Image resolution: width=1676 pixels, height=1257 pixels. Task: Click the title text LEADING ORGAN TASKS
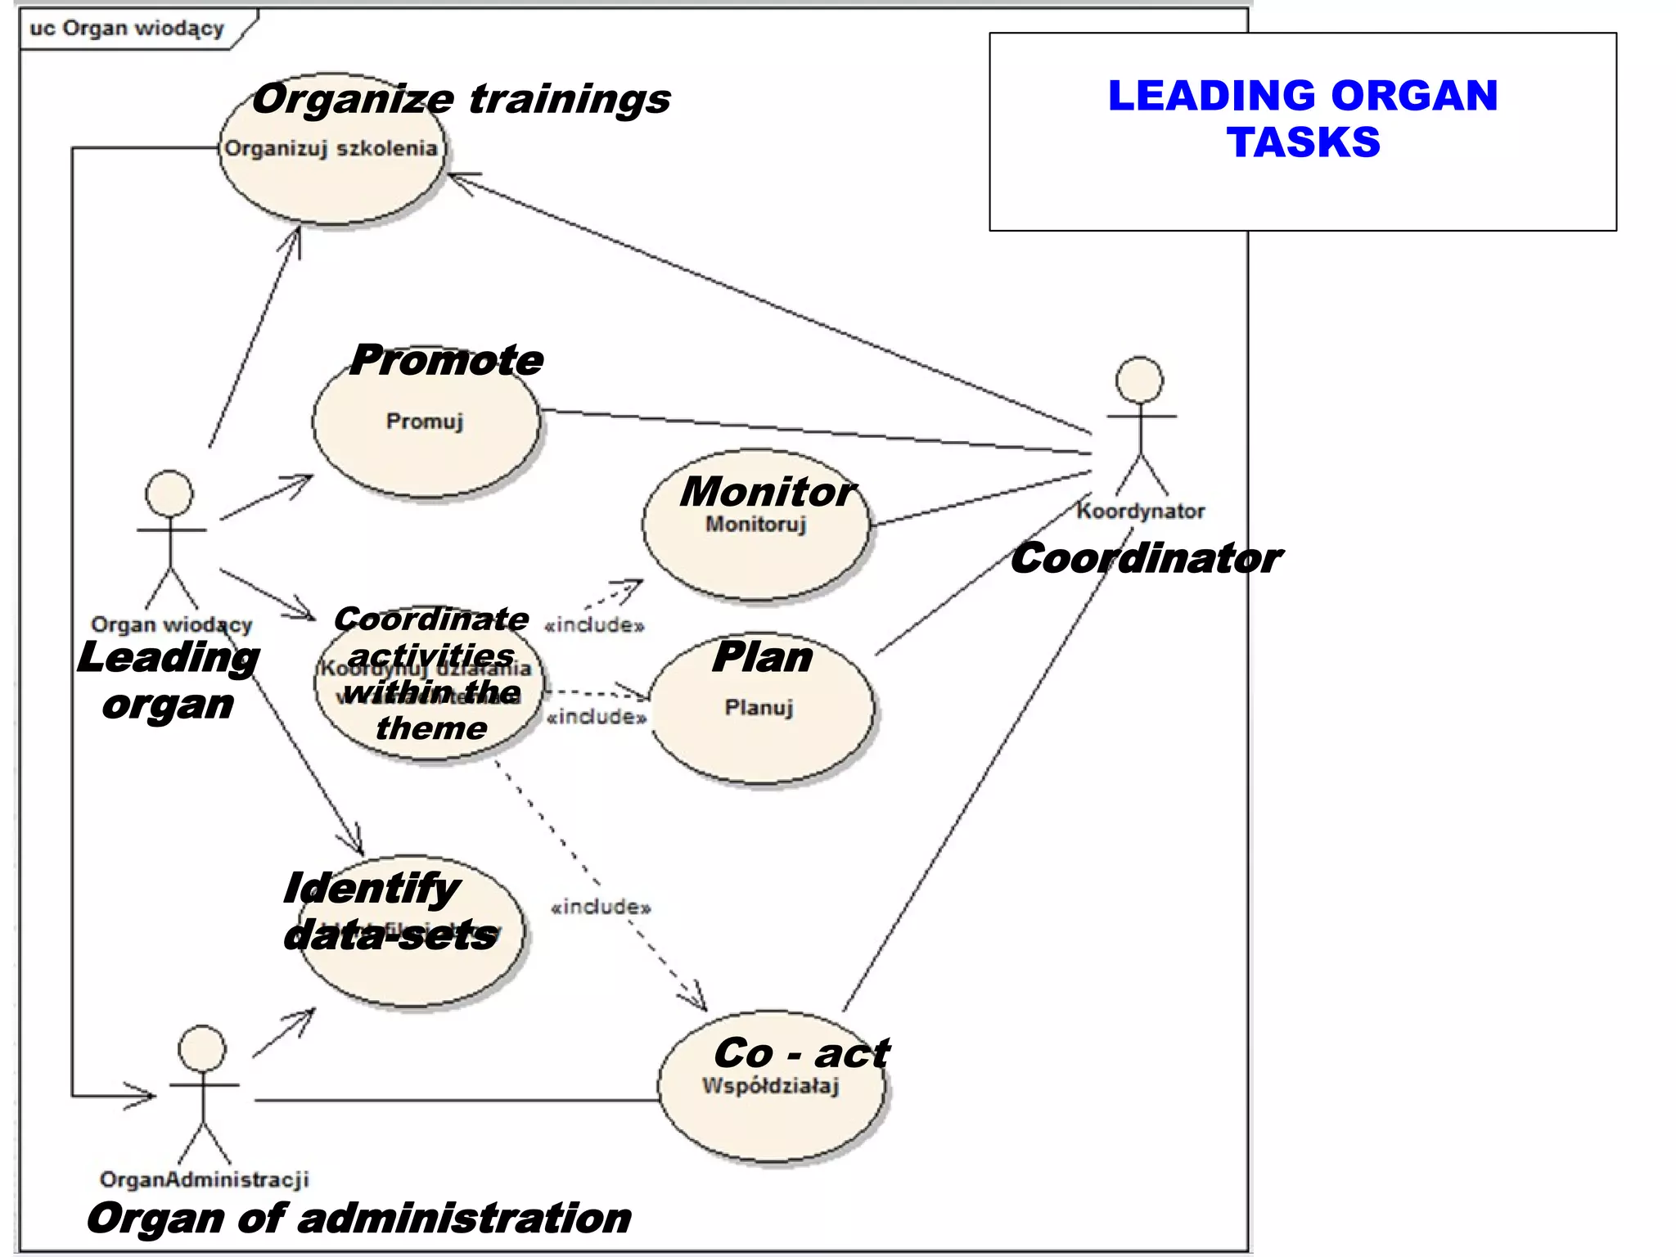click(1302, 119)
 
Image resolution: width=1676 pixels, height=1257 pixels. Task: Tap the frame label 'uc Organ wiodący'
click(127, 29)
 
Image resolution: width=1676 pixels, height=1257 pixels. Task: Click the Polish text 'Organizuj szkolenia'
click(331, 149)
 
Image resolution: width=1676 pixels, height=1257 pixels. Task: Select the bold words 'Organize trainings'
click(461, 99)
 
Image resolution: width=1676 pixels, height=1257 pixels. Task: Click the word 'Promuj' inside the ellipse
click(425, 421)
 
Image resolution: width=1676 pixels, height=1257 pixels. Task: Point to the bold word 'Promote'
click(446, 360)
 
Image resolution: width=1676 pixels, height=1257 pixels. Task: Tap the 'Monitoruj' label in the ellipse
click(755, 524)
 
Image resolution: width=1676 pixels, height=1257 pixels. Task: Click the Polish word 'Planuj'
click(759, 707)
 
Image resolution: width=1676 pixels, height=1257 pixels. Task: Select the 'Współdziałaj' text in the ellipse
click(770, 1086)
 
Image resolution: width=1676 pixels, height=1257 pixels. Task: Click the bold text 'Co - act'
click(800, 1052)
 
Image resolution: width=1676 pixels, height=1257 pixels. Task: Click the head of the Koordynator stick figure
click(1139, 380)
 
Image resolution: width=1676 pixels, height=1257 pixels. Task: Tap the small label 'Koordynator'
click(1140, 511)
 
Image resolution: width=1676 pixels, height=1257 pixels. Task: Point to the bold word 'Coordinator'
click(1146, 558)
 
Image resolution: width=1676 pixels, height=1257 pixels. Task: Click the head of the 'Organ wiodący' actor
click(169, 493)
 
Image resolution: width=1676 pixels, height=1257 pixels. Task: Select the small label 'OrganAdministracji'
click(204, 1179)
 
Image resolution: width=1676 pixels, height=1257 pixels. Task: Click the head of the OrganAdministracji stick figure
click(202, 1048)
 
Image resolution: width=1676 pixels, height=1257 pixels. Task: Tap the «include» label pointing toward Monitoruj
click(594, 625)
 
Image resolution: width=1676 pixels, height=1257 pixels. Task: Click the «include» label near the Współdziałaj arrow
click(601, 907)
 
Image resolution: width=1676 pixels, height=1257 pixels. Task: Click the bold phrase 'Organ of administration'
click(358, 1218)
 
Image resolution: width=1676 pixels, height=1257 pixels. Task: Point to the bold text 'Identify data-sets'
click(389, 911)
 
